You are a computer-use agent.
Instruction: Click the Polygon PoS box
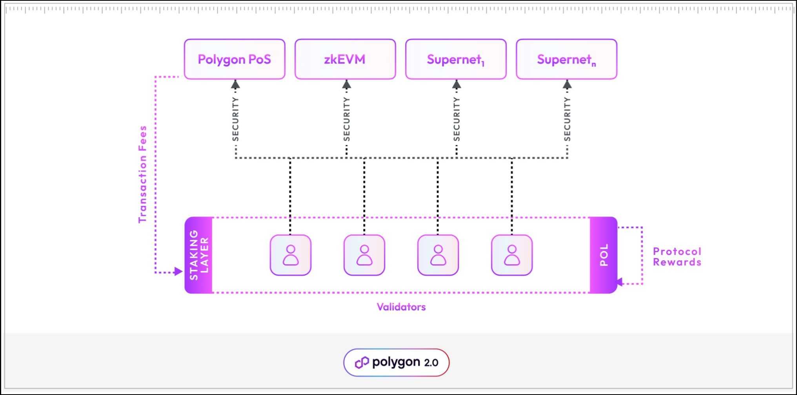[x=235, y=59]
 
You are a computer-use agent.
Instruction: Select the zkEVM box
[x=345, y=59]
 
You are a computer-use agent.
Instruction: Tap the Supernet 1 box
[x=456, y=59]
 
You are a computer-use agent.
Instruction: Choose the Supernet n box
[x=566, y=59]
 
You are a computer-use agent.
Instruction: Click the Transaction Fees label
[x=142, y=174]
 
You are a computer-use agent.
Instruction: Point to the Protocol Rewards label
[x=677, y=257]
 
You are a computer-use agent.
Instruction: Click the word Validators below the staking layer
[x=401, y=307]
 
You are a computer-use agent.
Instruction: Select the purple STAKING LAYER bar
[x=199, y=255]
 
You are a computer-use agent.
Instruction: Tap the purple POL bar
[x=604, y=255]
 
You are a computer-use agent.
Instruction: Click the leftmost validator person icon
[x=291, y=255]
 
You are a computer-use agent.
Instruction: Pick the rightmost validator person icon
[x=512, y=255]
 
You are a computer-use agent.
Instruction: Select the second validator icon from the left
[x=364, y=255]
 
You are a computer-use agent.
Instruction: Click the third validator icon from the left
[x=438, y=255]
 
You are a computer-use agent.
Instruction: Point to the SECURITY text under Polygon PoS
[x=235, y=119]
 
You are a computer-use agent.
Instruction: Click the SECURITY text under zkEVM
[x=346, y=119]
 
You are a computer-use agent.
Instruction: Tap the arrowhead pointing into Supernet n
[x=567, y=84]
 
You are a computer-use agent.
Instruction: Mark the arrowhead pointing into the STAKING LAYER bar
[x=178, y=271]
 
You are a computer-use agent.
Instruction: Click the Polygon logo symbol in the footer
[x=362, y=362]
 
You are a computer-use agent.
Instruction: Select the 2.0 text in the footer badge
[x=431, y=363]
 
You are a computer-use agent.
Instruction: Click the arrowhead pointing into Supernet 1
[x=457, y=84]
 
